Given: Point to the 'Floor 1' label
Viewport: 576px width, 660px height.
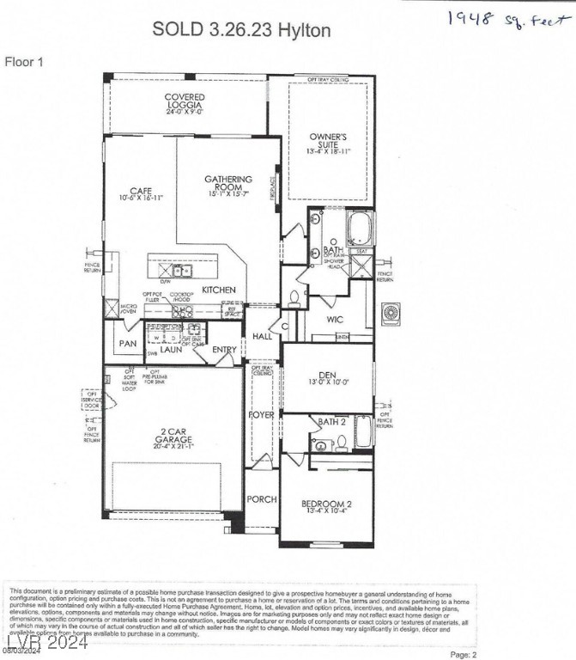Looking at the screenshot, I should [x=24, y=62].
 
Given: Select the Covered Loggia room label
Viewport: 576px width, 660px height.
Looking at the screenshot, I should [x=185, y=103].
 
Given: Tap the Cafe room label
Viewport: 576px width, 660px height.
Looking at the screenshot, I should [x=141, y=193].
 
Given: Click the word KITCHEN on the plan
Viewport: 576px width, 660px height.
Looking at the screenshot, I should [x=219, y=290].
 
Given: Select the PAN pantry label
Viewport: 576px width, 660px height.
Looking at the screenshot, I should [x=127, y=344].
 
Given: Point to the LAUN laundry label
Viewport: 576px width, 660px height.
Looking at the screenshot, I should [x=172, y=350].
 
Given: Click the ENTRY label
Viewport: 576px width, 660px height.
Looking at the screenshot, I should [x=224, y=350].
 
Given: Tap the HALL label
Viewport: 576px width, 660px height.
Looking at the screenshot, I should [x=261, y=338].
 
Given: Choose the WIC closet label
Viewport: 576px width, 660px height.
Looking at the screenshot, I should [x=335, y=320].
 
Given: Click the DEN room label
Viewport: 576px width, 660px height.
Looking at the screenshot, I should [x=327, y=375].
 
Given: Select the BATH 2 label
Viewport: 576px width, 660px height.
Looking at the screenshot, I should [x=330, y=422].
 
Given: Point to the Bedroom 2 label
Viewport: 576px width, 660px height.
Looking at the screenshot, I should [x=327, y=507].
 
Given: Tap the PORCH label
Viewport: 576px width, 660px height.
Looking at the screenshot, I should [x=262, y=499].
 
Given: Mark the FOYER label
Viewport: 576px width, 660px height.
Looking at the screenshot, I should [x=262, y=415].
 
